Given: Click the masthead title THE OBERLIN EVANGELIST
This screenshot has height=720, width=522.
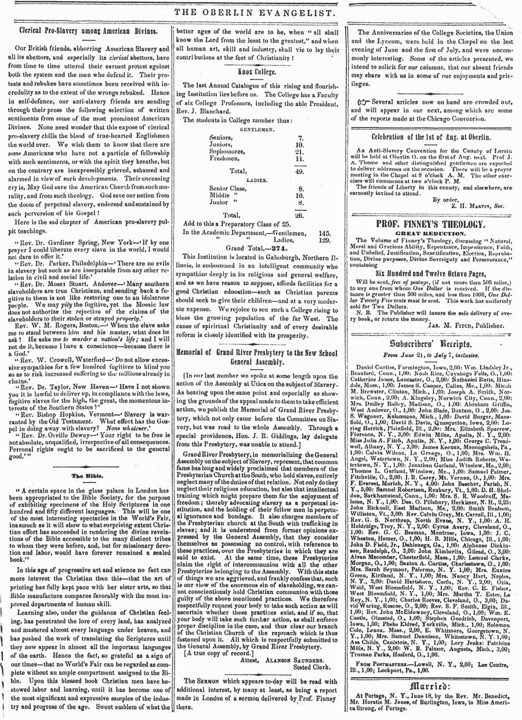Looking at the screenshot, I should tap(260, 12).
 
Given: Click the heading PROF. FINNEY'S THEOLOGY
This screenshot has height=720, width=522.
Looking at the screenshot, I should tap(430, 224).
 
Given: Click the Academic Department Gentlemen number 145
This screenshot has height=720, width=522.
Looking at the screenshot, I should tap(324, 232).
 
